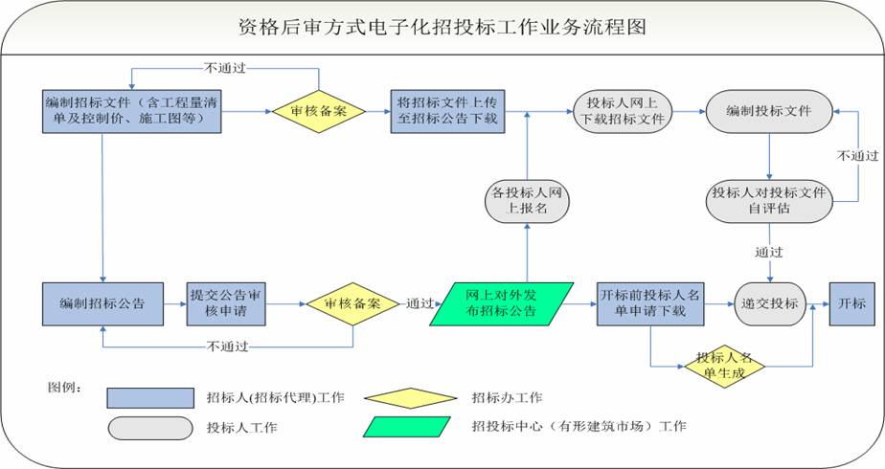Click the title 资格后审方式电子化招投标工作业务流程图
pos(442,26)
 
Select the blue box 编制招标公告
pos(102,303)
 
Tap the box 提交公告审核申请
pos(227,303)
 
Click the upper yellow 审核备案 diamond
pos(318,111)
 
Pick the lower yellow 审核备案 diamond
pos(352,303)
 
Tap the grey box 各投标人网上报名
pos(527,201)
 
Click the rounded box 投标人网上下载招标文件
pos(623,111)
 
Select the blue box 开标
pos(851,303)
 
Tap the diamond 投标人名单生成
pos(724,364)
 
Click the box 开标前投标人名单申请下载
pos(648,303)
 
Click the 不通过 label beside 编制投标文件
pos(857,155)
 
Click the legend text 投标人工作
pos(236,427)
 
